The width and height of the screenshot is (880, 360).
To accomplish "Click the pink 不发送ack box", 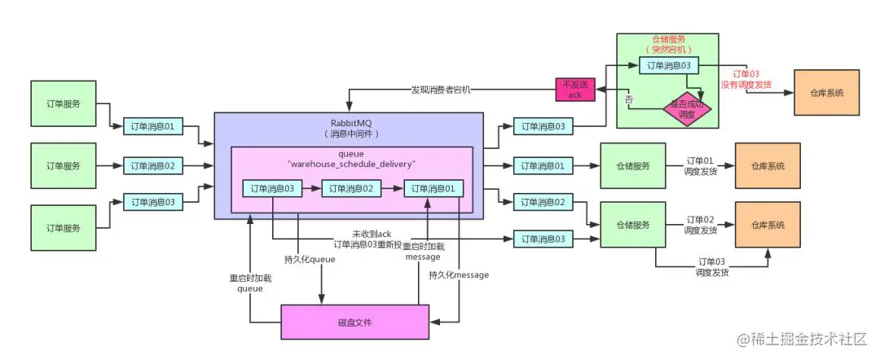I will pyautogui.click(x=575, y=90).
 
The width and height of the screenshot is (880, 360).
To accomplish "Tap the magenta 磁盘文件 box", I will pyautogui.click(x=354, y=322).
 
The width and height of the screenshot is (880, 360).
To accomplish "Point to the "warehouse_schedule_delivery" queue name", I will pyautogui.click(x=352, y=164).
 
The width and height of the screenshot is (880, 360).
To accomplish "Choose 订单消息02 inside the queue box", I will pyautogui.click(x=351, y=188).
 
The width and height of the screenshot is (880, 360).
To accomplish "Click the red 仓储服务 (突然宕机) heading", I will pyautogui.click(x=667, y=44).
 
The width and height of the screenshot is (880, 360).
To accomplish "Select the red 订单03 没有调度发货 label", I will pyautogui.click(x=746, y=78).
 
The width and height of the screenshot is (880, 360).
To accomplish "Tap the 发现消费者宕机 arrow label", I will pyautogui.click(x=440, y=89).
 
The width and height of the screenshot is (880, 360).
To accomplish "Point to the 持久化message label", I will pyautogui.click(x=459, y=275).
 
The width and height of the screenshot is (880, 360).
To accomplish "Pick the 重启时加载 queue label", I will pyautogui.click(x=250, y=282).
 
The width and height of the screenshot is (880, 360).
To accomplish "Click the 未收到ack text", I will pyautogui.click(x=372, y=234).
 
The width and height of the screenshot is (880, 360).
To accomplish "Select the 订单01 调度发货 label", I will pyautogui.click(x=700, y=165).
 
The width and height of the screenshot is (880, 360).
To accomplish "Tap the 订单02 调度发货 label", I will pyautogui.click(x=700, y=225).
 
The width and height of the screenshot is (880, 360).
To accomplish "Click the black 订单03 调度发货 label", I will pyautogui.click(x=710, y=266).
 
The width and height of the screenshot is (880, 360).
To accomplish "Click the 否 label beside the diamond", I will pyautogui.click(x=628, y=99).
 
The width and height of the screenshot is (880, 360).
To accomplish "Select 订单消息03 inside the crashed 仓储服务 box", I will pyautogui.click(x=667, y=65).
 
